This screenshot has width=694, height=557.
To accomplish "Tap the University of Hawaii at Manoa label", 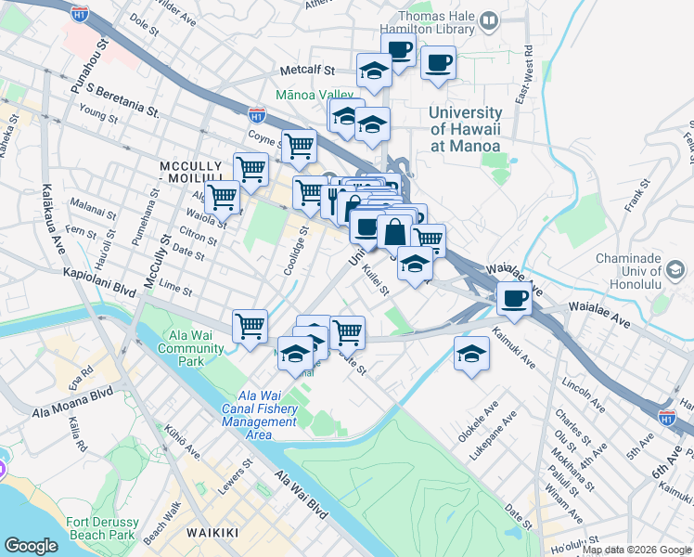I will tap(464, 129).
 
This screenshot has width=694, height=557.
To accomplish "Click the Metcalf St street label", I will tap(307, 70).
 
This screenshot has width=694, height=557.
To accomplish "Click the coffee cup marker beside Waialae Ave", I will tap(513, 299).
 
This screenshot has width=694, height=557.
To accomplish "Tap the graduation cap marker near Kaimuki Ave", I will tap(471, 354).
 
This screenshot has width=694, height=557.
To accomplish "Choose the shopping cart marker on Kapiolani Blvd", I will tap(250, 326).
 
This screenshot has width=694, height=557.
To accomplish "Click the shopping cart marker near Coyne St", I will tap(298, 146).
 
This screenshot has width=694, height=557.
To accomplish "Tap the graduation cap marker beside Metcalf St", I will tap(374, 71).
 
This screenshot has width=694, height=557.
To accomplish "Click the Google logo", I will tap(32, 546).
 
